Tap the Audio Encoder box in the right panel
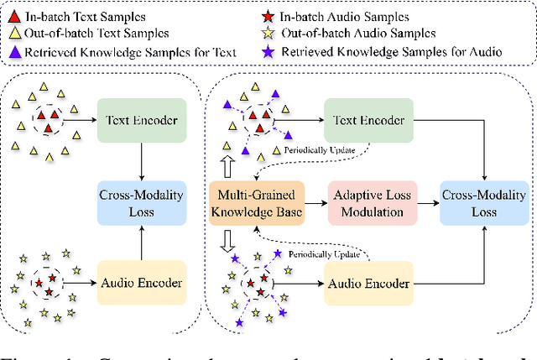point(368,283)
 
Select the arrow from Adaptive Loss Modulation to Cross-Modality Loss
point(430,201)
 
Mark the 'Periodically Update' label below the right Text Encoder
point(312,151)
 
